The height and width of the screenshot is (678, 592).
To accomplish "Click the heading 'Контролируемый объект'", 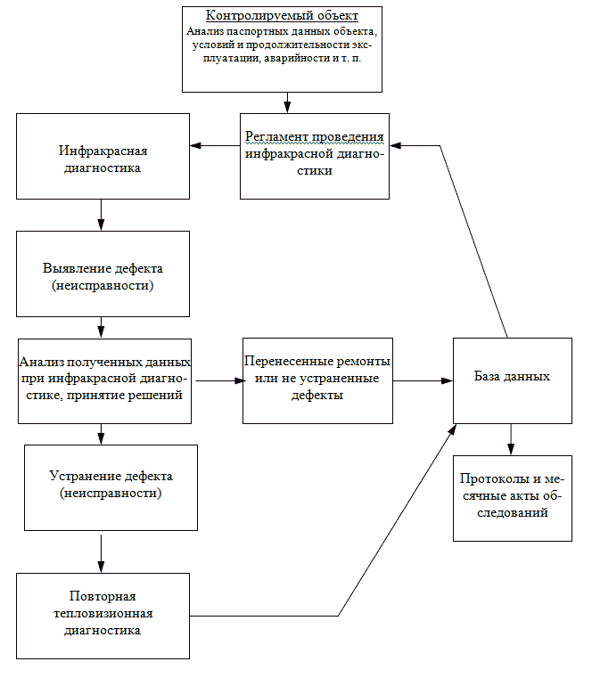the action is pos(282,15).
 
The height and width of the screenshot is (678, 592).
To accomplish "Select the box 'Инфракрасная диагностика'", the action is pos(103,156).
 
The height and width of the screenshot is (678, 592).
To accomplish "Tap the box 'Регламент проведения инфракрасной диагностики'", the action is pos(315,156).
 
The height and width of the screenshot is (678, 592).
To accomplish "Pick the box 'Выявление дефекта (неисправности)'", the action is pos(103,274).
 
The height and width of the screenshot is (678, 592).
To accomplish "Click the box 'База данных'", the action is pos(513,380).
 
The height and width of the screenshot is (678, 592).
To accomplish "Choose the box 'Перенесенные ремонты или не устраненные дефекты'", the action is pos(317,380).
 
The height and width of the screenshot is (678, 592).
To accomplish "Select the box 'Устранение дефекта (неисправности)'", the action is pos(111,487).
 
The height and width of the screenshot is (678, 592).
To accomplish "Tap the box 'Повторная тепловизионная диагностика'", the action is pos(103,617).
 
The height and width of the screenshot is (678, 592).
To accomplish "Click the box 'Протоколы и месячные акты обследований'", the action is pos(513,498).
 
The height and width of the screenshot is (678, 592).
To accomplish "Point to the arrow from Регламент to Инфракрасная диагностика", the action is pos(215,146).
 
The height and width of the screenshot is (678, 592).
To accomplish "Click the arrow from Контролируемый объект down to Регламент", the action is pos(287,103).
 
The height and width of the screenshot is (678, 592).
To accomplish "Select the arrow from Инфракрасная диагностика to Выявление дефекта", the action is pos(101,215).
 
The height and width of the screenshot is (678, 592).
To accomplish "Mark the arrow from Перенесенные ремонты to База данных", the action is pos(423,381).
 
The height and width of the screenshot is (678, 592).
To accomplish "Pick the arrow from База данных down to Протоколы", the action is pos(511,439).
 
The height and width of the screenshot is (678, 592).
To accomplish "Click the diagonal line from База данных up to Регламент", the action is pos(473,241).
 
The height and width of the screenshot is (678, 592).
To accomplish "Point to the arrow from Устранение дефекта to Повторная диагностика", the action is pos(101,554).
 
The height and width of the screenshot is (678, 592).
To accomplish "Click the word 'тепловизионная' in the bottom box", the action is pos(103,614).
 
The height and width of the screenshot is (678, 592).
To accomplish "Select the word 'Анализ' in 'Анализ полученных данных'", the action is pos(42,362).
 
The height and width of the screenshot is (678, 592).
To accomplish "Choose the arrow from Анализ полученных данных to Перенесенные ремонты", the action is pos(221,381).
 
